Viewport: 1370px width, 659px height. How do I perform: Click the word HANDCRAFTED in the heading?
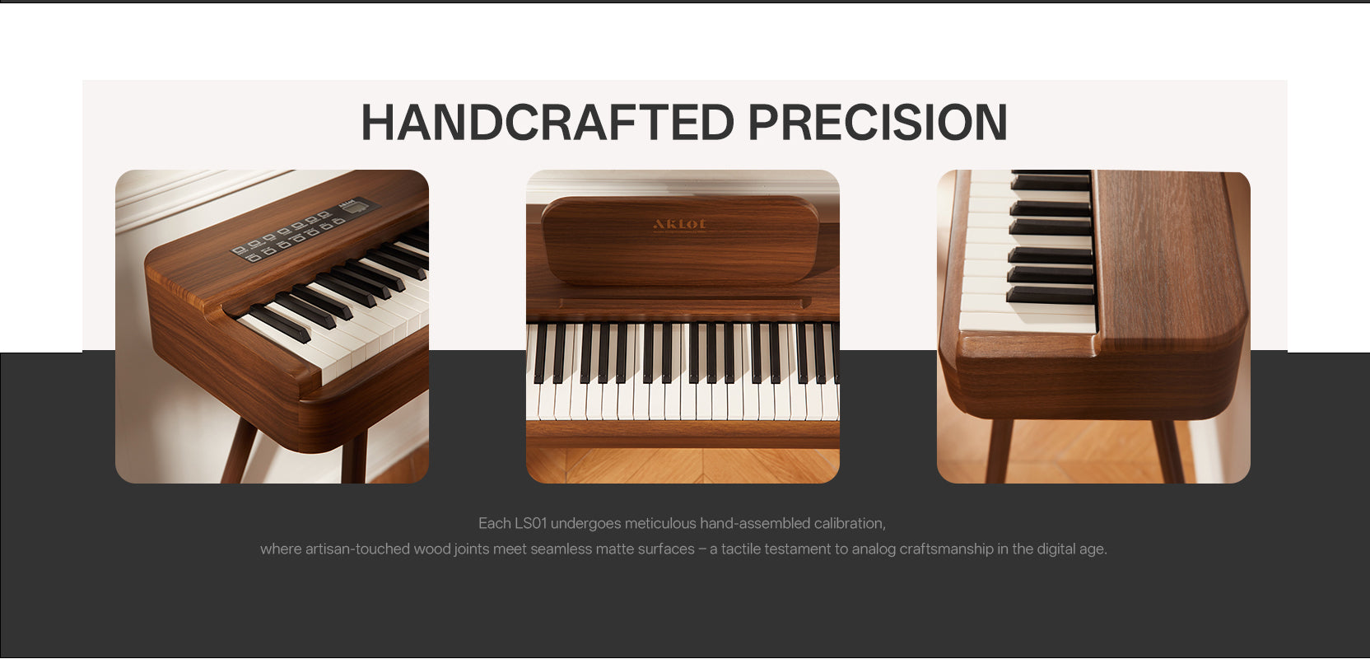548,123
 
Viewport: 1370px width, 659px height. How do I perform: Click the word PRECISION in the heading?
878,123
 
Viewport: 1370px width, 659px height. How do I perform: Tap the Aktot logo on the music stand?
679,224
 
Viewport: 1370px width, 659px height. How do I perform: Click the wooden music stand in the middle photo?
680,240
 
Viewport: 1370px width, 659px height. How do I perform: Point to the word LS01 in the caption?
530,524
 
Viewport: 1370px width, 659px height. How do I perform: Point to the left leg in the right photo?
999,451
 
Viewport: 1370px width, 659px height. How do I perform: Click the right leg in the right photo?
1169,451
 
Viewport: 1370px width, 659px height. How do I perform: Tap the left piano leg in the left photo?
240,451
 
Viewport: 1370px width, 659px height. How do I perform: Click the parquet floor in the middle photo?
683,465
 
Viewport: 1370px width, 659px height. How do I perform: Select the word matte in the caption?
615,549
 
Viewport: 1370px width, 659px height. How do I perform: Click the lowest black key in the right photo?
1050,295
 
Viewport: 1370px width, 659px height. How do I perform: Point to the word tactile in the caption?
743,549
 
